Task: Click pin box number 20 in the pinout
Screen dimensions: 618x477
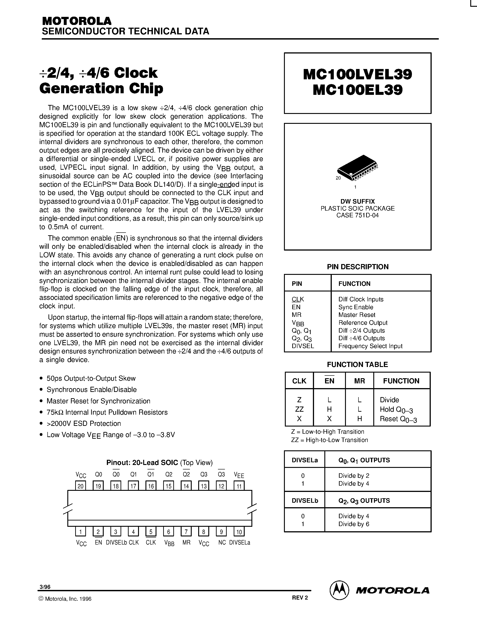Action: (81, 486)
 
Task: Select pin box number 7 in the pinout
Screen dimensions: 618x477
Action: (186, 532)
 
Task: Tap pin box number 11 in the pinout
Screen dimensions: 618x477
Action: (239, 486)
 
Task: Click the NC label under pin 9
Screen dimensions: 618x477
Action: (222, 542)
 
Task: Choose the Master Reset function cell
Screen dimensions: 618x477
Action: (357, 315)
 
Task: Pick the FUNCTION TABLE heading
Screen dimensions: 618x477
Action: (357, 365)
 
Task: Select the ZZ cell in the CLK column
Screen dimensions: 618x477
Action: (299, 409)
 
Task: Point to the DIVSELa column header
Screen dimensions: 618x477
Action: (305, 460)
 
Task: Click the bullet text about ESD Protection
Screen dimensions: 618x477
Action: (84, 423)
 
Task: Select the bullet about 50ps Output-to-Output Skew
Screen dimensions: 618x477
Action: (91, 378)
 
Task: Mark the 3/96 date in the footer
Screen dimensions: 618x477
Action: (45, 587)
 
